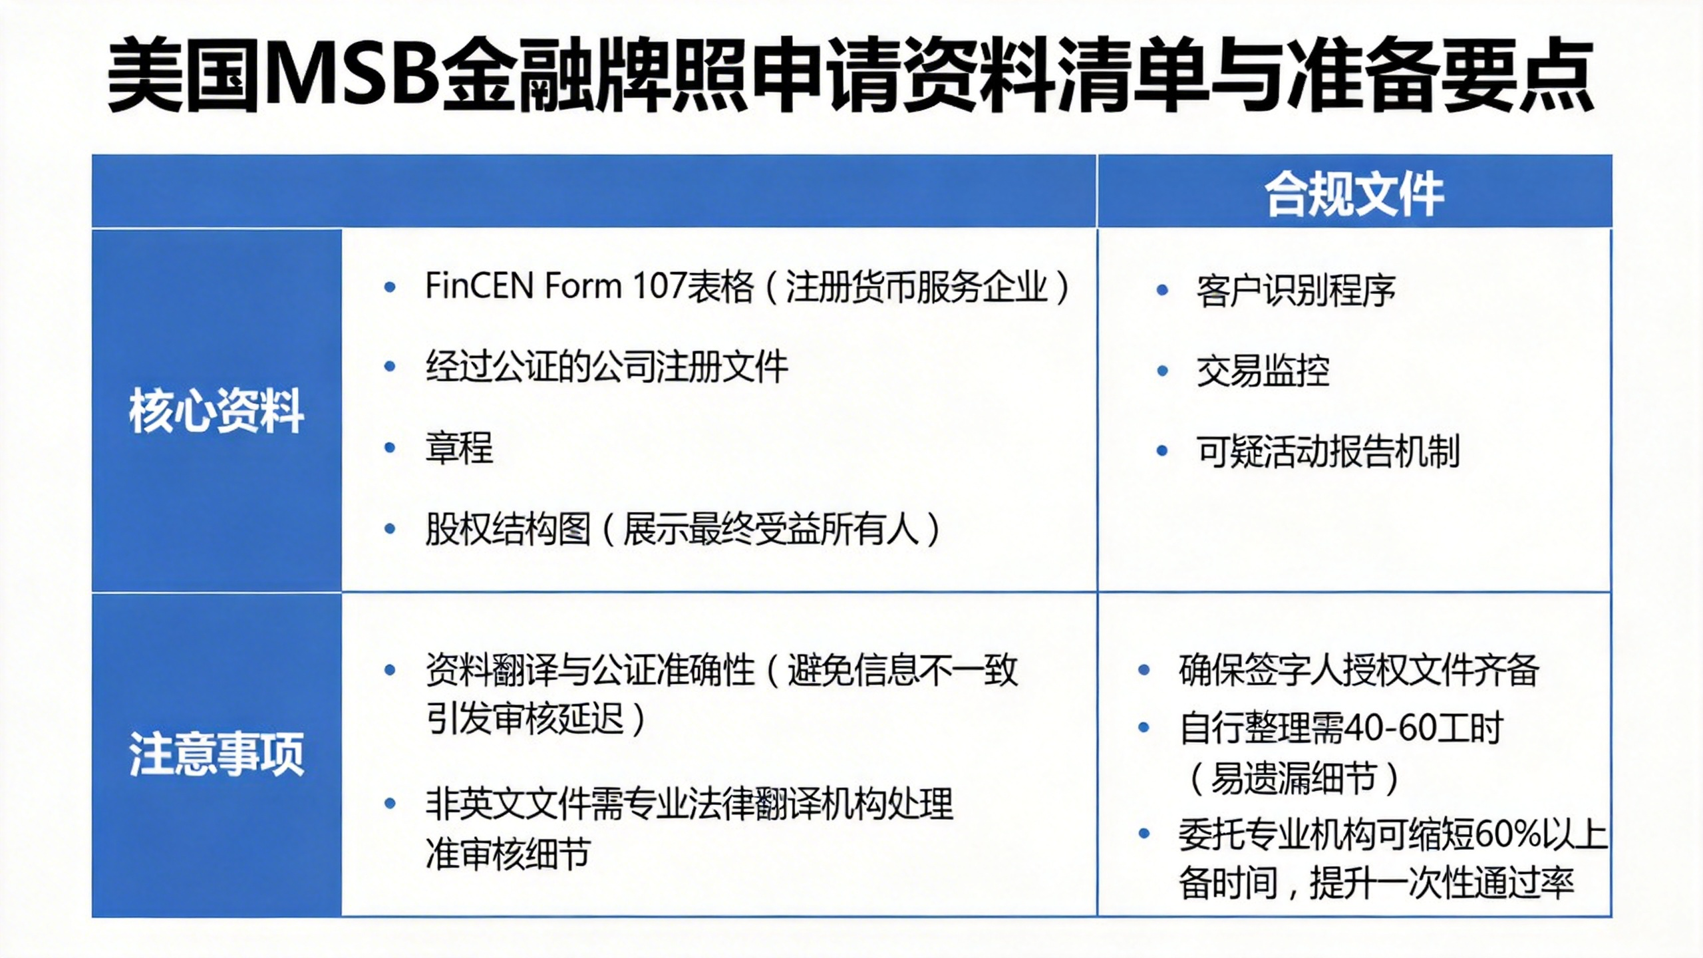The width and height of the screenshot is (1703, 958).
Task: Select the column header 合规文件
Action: coord(1354,194)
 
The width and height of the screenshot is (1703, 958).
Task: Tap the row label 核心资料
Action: coord(217,410)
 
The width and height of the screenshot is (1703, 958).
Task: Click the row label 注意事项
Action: coord(217,754)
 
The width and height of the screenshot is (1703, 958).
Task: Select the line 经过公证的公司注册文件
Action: coord(607,367)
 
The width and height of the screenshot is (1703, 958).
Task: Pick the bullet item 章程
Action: coord(459,448)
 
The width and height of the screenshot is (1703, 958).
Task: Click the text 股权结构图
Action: coord(508,530)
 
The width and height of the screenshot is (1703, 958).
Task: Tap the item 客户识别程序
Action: coord(1296,291)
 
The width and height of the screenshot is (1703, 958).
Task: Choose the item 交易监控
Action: coord(1263,371)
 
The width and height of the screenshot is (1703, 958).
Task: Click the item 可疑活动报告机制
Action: coord(1328,452)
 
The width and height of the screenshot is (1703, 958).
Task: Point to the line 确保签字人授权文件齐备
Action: coord(1358,670)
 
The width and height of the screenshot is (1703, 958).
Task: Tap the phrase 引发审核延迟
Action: coord(525,719)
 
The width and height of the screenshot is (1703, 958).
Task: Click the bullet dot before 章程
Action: coord(390,448)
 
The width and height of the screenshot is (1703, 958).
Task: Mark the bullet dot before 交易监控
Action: coord(1162,371)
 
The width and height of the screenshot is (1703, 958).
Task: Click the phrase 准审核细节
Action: coord(508,854)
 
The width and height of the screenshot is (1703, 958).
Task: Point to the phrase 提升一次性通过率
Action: coord(1442,883)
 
